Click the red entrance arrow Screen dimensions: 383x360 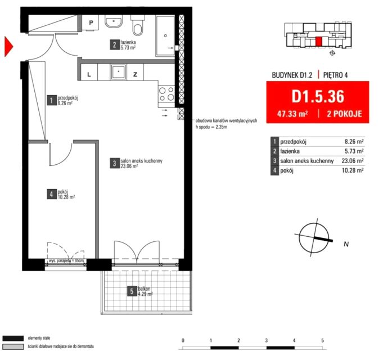point(8,46)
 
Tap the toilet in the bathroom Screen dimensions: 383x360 point(138,25)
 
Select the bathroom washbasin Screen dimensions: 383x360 point(114,22)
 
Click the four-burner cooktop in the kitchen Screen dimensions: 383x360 point(166,94)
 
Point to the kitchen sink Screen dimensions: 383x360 point(119,72)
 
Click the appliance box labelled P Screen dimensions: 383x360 point(90,22)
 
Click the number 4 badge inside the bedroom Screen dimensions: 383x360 point(52,194)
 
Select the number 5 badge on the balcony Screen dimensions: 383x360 point(132,291)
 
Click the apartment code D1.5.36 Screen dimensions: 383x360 point(318,96)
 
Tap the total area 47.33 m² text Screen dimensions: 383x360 point(292,114)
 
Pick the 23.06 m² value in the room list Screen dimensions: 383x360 point(353,161)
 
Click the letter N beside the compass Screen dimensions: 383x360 point(346,244)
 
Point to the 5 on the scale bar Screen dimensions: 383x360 point(322,340)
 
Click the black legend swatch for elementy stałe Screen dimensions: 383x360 point(13,338)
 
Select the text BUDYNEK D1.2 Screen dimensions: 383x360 point(292,75)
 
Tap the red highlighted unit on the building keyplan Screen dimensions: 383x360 point(318,42)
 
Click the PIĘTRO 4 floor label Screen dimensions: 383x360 point(335,75)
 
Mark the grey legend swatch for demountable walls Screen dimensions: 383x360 point(13,346)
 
